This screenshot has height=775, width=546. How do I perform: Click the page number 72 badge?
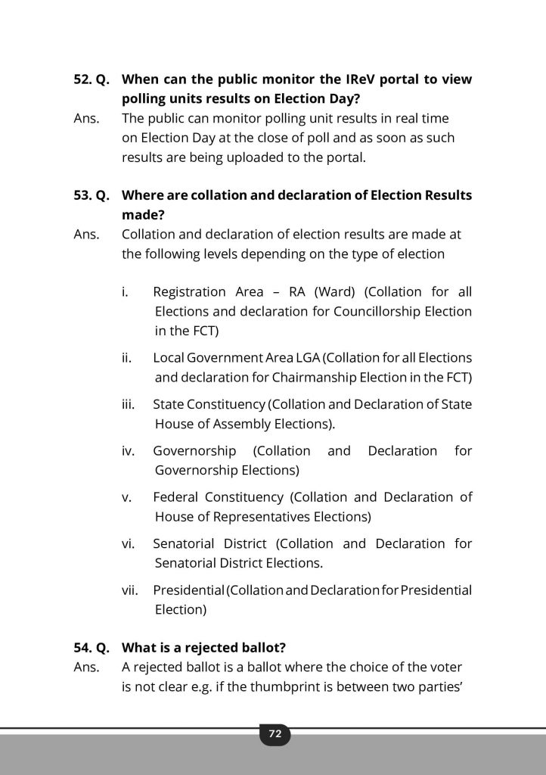coord(274,733)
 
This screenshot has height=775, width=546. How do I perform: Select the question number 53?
coord(82,195)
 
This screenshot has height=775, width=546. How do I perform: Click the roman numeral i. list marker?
coord(126,292)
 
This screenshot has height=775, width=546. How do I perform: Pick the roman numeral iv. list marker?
coord(128,451)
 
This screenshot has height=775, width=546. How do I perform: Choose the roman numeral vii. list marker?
coord(129,590)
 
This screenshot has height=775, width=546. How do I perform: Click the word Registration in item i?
coord(189,292)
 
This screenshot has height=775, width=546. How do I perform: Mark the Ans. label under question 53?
coord(86,235)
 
